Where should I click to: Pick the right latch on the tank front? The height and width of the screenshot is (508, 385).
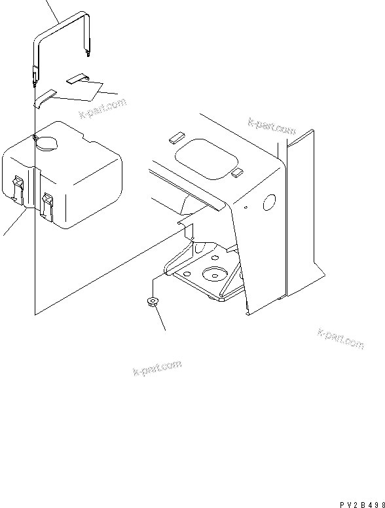(48, 205)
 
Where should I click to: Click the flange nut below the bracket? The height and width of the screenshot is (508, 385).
(151, 302)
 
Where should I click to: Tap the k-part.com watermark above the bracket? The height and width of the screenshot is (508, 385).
(272, 125)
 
